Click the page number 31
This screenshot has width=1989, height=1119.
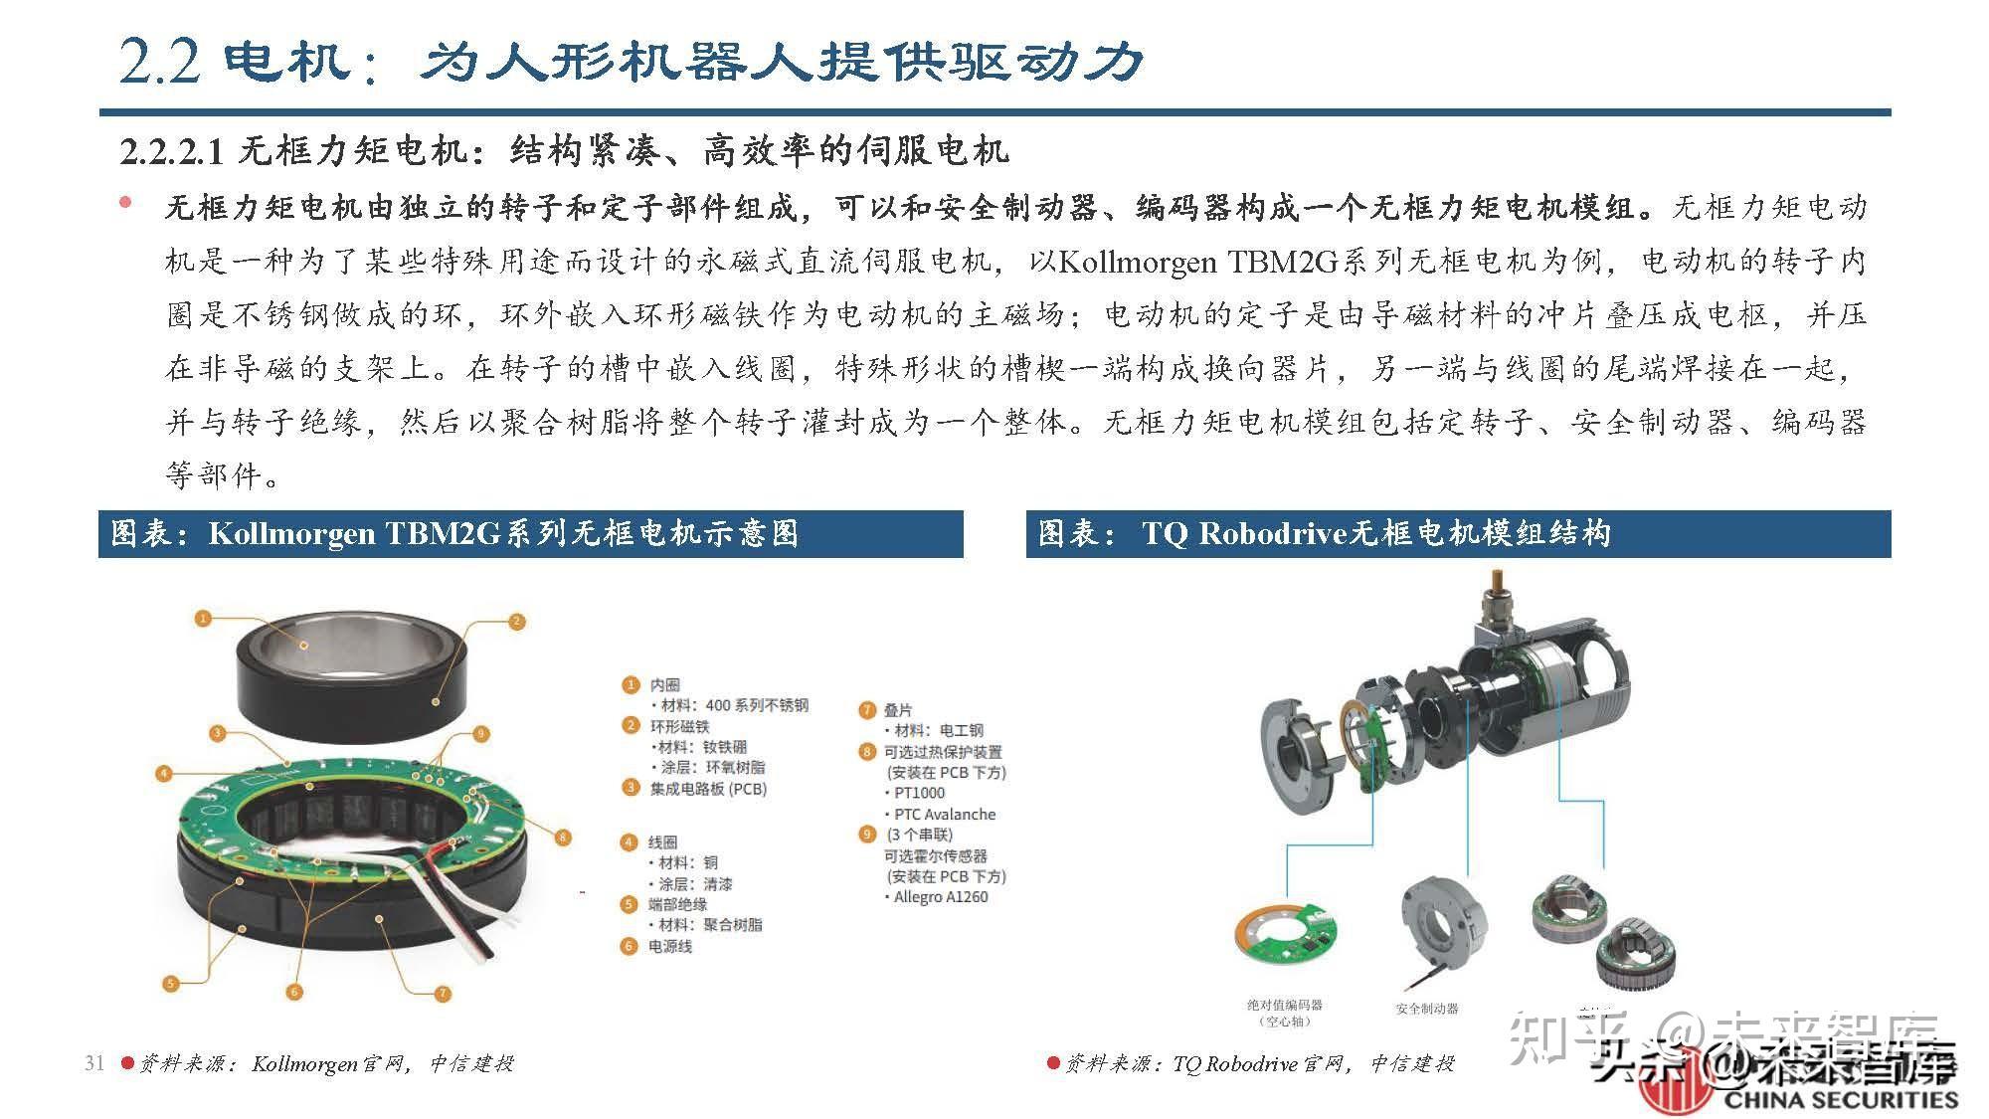pyautogui.click(x=94, y=1062)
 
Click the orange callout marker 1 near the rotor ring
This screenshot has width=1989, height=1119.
pyautogui.click(x=203, y=619)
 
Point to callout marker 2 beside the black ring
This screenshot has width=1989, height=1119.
pyautogui.click(x=516, y=622)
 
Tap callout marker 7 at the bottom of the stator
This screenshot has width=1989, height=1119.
pyautogui.click(x=444, y=993)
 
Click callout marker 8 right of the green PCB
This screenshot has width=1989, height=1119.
pyautogui.click(x=563, y=838)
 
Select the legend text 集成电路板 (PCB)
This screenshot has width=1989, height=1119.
pyautogui.click(x=708, y=789)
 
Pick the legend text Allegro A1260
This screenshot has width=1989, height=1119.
pyautogui.click(x=940, y=897)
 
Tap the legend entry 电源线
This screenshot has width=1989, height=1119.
pyautogui.click(x=670, y=946)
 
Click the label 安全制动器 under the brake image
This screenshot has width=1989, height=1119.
pyautogui.click(x=1426, y=1009)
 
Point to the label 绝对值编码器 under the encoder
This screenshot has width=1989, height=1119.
pyautogui.click(x=1285, y=1005)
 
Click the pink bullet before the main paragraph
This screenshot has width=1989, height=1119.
pyautogui.click(x=125, y=203)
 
